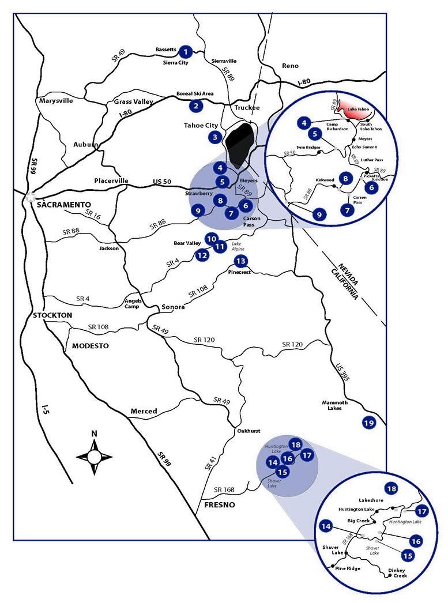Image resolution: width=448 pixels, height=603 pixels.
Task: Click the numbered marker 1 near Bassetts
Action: click(186, 51)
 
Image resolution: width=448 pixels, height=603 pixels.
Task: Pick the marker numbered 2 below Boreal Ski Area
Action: click(196, 105)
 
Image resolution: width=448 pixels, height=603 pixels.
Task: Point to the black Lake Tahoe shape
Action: click(240, 144)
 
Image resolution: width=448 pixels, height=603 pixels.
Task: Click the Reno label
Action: click(289, 66)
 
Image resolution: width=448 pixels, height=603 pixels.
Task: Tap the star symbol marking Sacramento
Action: click(30, 198)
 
